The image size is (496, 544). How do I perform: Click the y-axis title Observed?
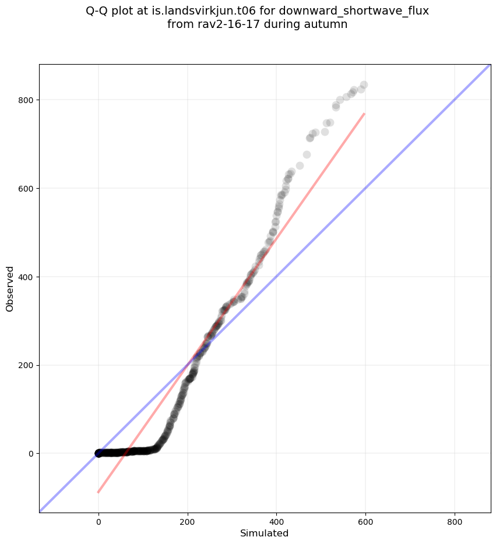10,288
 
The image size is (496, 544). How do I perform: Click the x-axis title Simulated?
265,533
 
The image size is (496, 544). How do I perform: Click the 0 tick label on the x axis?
99,520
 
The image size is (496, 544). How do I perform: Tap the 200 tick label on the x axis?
188,520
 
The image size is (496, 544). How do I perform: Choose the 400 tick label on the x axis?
276,520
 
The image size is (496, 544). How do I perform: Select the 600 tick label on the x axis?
365,520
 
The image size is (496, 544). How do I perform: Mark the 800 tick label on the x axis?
455,520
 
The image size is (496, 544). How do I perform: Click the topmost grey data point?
364,85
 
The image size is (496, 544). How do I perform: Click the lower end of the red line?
98,493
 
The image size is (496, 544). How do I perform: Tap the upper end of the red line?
364,114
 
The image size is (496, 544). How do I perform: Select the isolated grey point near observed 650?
300,165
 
